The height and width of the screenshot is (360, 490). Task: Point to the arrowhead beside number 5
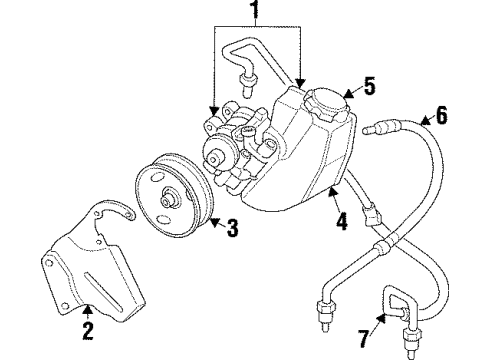point(346,95)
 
